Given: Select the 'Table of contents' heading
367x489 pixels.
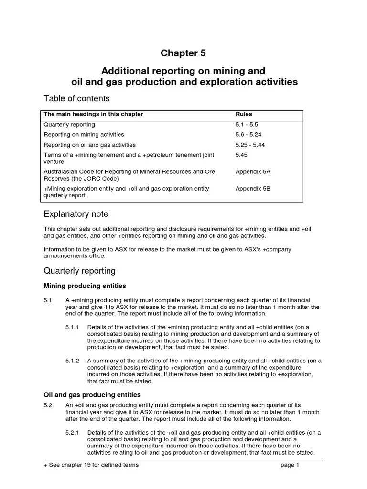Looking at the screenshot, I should pyautogui.click(x=76, y=98).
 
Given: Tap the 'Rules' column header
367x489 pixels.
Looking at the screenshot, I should pyautogui.click(x=244, y=114).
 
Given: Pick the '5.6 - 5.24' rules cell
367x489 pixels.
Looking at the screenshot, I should pyautogui.click(x=249, y=135).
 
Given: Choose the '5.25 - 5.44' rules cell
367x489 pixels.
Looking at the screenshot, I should pyautogui.click(x=251, y=145).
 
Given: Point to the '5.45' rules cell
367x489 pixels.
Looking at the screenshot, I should pyautogui.click(x=242, y=155).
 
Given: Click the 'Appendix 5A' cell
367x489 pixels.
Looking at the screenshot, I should pyautogui.click(x=253, y=171).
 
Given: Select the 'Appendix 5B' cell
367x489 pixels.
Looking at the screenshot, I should pyautogui.click(x=253, y=189).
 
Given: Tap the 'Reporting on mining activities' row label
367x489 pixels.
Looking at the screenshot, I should pyautogui.click(x=84, y=135).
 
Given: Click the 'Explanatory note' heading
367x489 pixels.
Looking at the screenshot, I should pyautogui.click(x=76, y=214).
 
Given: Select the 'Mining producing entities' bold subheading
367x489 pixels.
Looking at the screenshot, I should pyautogui.click(x=85, y=286).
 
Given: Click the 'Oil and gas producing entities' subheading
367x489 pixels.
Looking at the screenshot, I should pyautogui.click(x=92, y=395).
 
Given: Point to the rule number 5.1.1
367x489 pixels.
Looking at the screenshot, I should pyautogui.click(x=73, y=327).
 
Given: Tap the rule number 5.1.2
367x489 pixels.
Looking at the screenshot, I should pyautogui.click(x=73, y=361).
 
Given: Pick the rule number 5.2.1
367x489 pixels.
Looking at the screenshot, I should pyautogui.click(x=73, y=433).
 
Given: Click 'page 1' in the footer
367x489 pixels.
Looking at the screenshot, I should pyautogui.click(x=290, y=465).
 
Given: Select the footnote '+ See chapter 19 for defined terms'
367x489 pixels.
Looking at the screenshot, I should pyautogui.click(x=91, y=465).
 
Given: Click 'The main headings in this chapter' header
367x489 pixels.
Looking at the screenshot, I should pyautogui.click(x=93, y=114).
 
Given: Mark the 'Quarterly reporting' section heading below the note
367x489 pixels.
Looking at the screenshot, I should pyautogui.click(x=79, y=271).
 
